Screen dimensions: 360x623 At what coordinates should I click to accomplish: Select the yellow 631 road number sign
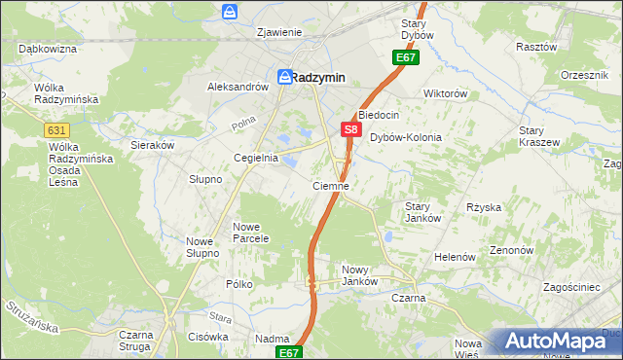point(56,128)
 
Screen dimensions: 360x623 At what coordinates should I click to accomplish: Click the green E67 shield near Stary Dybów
point(406,58)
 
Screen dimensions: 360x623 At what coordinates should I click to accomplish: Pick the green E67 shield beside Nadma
point(288,352)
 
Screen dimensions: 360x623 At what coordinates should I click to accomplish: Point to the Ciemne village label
point(330,185)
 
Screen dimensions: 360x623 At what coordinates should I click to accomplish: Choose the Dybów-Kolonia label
point(406,138)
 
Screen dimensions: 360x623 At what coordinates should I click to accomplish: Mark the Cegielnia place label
point(256,158)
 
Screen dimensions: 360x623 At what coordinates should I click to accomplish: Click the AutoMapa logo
point(563,340)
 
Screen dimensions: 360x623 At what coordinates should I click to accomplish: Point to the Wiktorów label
point(446,94)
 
